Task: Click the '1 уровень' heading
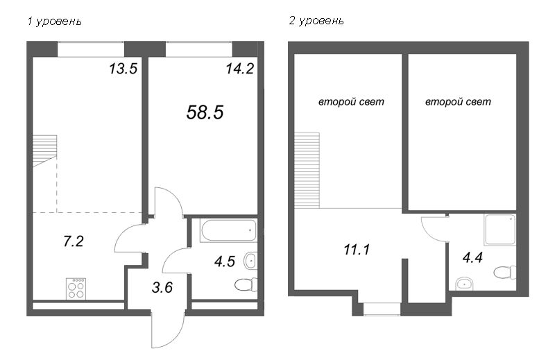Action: click(54, 22)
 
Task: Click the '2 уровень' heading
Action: click(316, 22)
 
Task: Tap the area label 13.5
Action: click(123, 69)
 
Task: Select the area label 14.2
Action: click(240, 69)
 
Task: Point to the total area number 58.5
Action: click(205, 112)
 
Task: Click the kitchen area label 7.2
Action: click(74, 241)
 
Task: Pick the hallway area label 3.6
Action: click(162, 287)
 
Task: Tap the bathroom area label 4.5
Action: click(224, 262)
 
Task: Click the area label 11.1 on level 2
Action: click(357, 250)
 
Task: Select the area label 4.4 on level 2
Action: click(472, 258)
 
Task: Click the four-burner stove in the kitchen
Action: click(76, 289)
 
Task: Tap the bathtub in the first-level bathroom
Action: click(228, 231)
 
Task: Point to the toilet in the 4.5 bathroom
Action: click(246, 284)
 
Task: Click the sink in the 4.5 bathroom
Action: click(250, 262)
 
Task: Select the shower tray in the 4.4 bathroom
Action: click(500, 230)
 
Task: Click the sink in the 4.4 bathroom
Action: click(463, 284)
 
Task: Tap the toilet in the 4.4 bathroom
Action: click(505, 273)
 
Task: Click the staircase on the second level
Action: click(307, 170)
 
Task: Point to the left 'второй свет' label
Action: click(351, 102)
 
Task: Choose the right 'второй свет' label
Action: click(458, 102)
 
